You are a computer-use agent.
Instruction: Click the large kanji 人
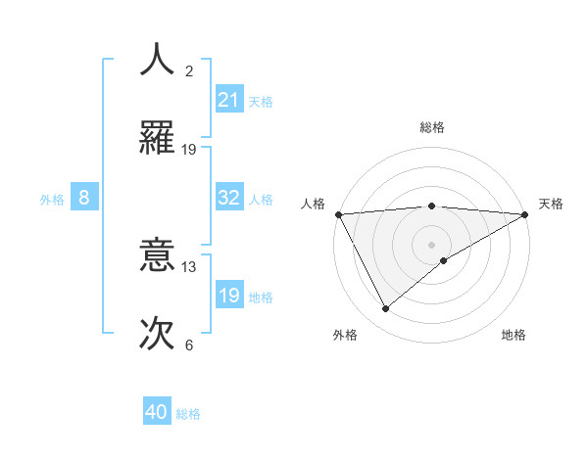click(158, 60)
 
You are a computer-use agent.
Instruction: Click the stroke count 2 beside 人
click(189, 71)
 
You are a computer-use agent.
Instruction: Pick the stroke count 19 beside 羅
click(189, 149)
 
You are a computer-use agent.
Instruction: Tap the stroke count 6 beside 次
click(189, 345)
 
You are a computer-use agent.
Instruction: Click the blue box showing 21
click(229, 100)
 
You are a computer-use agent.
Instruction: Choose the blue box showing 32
click(229, 198)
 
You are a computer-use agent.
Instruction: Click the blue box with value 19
click(229, 296)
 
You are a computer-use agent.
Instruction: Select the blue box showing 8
click(84, 198)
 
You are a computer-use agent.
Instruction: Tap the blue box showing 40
click(157, 413)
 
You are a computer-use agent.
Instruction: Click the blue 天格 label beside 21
click(261, 101)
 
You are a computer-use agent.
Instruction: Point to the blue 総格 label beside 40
click(188, 414)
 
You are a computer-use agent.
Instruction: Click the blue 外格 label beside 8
click(52, 199)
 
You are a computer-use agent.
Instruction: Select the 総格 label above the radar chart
click(431, 127)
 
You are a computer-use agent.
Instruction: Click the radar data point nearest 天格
click(525, 214)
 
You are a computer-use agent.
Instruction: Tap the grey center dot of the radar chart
click(431, 245)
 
